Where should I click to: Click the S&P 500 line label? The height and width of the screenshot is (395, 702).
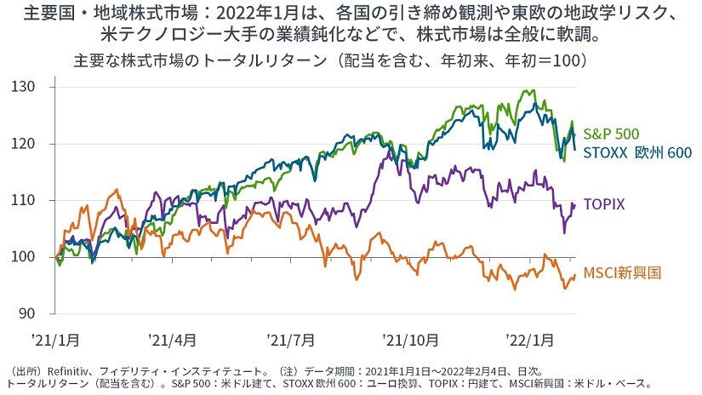coord(611,133)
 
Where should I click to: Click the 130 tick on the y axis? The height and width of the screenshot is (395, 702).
coord(31,87)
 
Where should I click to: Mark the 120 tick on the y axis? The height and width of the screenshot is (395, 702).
coord(31,144)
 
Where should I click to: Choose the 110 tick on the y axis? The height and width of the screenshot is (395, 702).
coord(31,200)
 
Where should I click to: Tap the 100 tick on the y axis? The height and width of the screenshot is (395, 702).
coord(31,257)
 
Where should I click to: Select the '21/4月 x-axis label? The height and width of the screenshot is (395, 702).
coord(171,340)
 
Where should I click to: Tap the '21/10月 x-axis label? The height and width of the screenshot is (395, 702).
coord(411,340)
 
